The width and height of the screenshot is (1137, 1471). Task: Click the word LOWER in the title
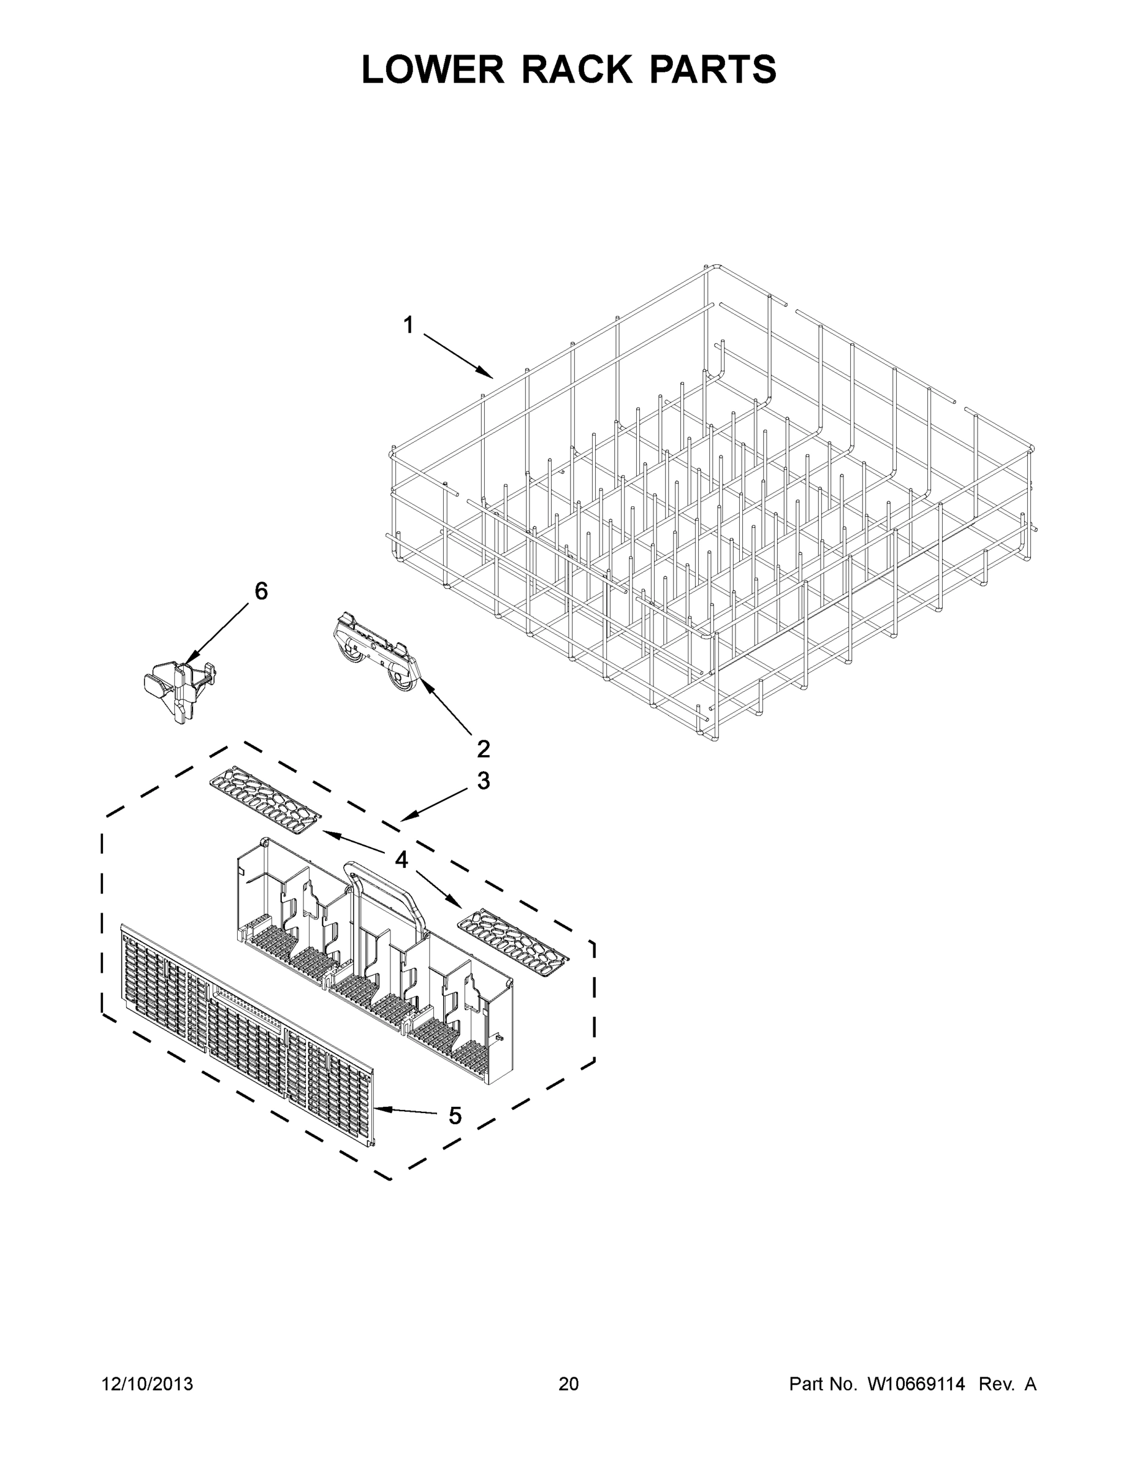(433, 69)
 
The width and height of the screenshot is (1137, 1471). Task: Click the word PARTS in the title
(713, 69)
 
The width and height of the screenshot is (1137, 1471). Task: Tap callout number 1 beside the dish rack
(408, 326)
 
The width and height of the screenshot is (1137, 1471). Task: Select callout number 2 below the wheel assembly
(483, 748)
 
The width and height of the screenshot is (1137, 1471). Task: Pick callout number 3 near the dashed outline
(483, 781)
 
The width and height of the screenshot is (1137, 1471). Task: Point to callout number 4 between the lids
(401, 859)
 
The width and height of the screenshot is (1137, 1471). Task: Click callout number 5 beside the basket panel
(455, 1116)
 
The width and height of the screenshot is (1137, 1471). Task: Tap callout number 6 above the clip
(260, 591)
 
